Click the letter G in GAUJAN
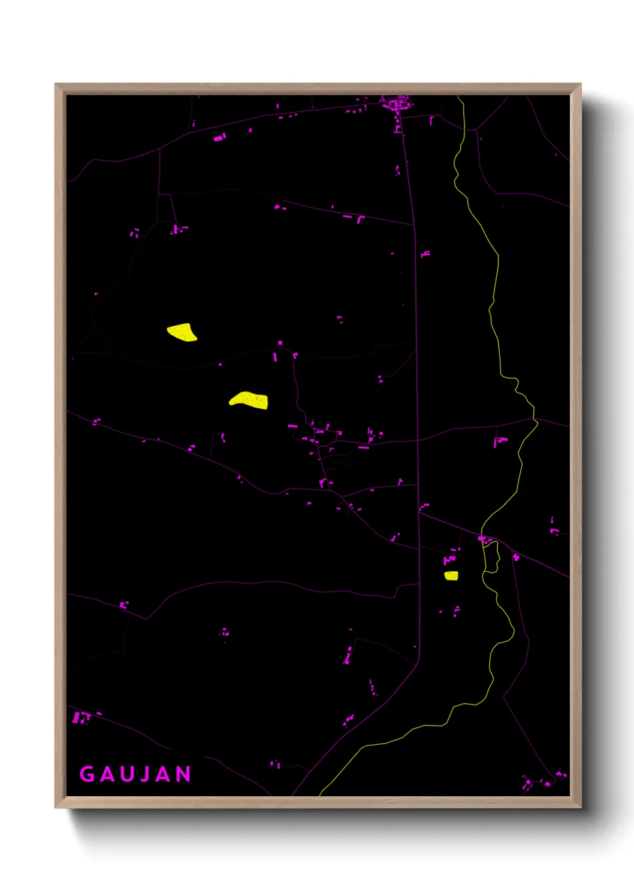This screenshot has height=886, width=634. pos(87,774)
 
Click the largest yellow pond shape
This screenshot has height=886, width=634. pos(250,400)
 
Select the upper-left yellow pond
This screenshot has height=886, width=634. pos(182,332)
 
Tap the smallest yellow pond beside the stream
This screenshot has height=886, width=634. pos(451,576)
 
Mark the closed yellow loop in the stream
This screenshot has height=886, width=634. pos(491,557)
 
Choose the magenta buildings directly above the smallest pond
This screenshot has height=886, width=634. pos(449,560)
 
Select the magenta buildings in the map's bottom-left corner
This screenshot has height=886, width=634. pos(81,717)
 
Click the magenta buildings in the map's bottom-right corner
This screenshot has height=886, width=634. pos(542,781)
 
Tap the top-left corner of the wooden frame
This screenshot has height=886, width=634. pos(56,84)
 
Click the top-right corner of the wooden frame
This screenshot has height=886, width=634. pos(580,84)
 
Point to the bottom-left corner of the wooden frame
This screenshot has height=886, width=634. pos(56,807)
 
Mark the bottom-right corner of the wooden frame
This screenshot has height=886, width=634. pos(580,807)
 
